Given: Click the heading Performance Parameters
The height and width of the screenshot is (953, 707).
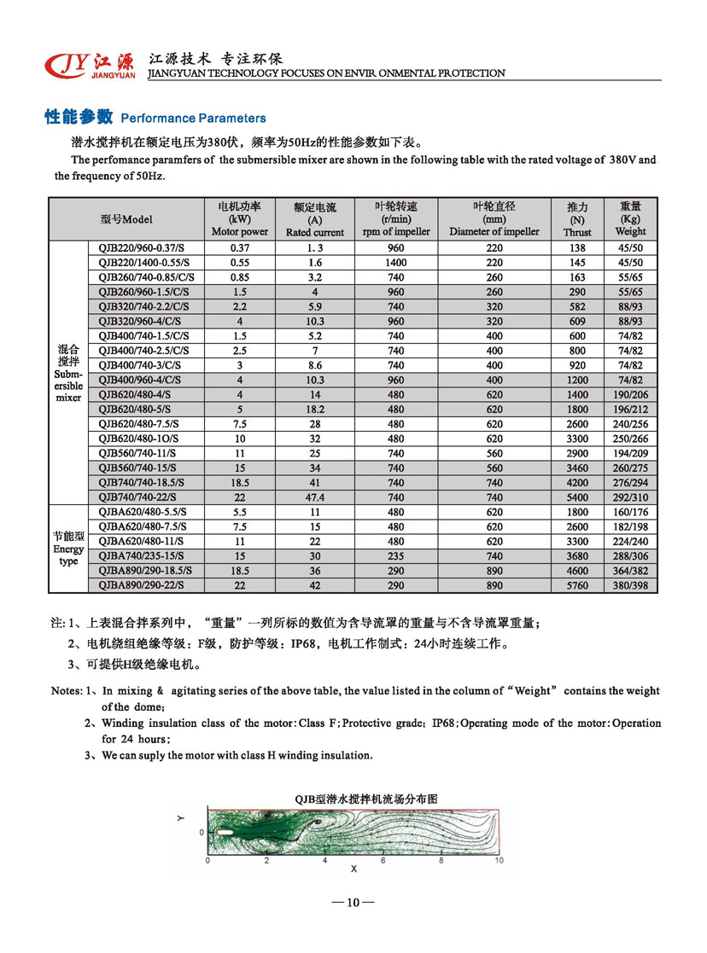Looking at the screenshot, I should [155, 118].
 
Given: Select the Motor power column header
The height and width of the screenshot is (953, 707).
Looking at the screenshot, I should [239, 219].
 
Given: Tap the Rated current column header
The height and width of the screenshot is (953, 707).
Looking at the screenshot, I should [314, 219].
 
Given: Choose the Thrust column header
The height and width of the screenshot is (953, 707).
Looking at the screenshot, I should [577, 219].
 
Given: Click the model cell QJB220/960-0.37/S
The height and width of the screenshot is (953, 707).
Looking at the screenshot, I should [141, 247].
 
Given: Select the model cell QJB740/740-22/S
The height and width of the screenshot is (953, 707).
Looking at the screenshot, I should [141, 497].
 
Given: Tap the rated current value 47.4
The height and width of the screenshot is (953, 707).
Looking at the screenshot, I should [314, 497].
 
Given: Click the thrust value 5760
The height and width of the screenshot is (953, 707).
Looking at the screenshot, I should [577, 586].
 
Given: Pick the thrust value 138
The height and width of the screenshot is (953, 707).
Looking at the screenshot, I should [577, 247].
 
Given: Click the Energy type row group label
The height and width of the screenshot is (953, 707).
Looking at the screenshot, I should [68, 549].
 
